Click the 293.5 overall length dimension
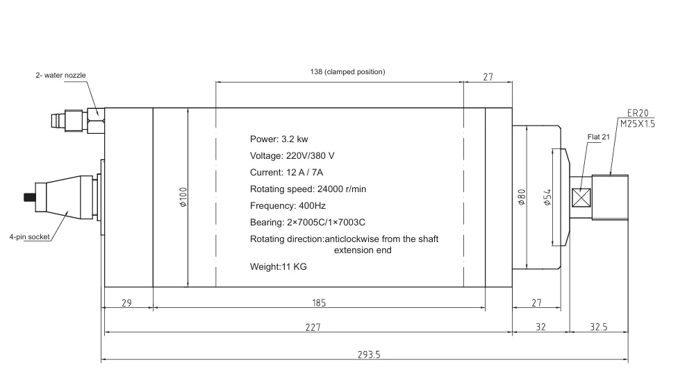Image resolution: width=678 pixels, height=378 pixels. pyautogui.click(x=369, y=354)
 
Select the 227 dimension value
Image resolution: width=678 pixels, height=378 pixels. pyautogui.click(x=313, y=327)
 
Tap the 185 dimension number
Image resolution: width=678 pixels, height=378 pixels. pyautogui.click(x=319, y=303)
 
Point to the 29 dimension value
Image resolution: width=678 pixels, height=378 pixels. pyautogui.click(x=126, y=303)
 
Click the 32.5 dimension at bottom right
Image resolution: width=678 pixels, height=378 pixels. pyautogui.click(x=599, y=327)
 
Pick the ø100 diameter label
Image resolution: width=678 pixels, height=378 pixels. pyautogui.click(x=183, y=197)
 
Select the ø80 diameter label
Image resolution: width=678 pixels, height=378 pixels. pyautogui.click(x=522, y=197)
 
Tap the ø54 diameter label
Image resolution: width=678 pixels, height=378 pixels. pyautogui.click(x=547, y=197)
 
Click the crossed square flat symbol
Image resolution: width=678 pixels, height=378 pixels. pyautogui.click(x=581, y=198)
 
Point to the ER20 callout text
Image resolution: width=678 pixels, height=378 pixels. pyautogui.click(x=638, y=113)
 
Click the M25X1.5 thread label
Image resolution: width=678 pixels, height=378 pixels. pyautogui.click(x=638, y=124)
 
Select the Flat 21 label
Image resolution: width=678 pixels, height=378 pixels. pyautogui.click(x=598, y=137)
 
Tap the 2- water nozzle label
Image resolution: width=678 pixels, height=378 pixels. pyautogui.click(x=60, y=75)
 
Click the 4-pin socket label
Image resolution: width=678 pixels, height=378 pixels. pyautogui.click(x=29, y=237)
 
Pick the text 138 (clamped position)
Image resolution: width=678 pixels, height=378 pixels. pyautogui.click(x=347, y=71)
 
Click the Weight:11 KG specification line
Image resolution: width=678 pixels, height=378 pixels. pyautogui.click(x=279, y=266)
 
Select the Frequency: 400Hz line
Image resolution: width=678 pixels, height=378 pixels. pyautogui.click(x=288, y=206)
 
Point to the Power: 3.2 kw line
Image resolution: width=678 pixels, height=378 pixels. pyautogui.click(x=279, y=139)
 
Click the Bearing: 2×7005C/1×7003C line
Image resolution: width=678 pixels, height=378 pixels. pyautogui.click(x=308, y=222)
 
